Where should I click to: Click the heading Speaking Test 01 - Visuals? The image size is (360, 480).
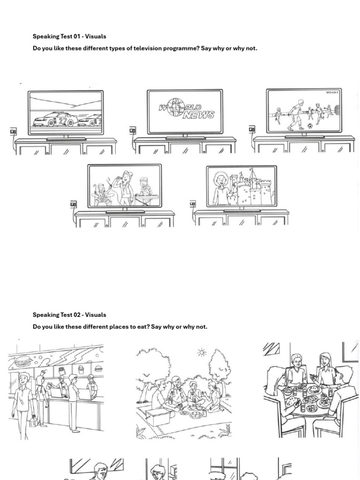coord(69,36)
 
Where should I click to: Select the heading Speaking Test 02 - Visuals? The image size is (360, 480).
coord(69,315)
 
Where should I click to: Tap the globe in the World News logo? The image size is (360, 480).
coord(175,107)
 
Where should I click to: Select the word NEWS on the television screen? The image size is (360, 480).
coord(198,115)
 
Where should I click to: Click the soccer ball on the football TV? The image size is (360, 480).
coord(310,126)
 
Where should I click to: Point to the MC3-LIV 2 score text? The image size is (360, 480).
coord(332,93)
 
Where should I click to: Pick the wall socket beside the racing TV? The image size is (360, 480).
coord(13,132)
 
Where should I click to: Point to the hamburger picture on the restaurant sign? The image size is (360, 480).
coord(22,361)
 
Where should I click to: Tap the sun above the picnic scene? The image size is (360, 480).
coord(202,352)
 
